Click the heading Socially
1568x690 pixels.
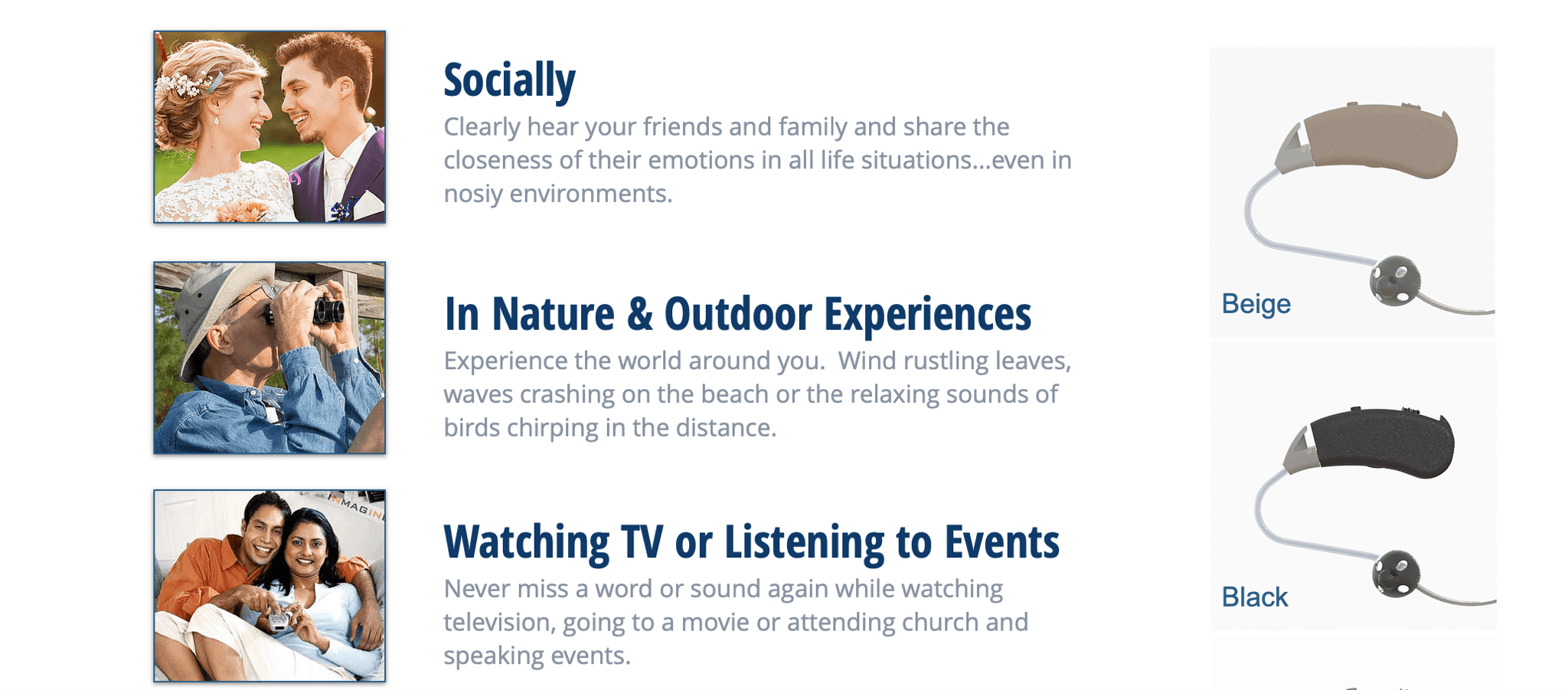[x=509, y=80]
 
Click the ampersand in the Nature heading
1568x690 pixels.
[x=639, y=315]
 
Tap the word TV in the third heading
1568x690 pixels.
[x=642, y=542]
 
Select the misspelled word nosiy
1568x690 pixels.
[x=473, y=195]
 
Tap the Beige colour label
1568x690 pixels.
[x=1256, y=304]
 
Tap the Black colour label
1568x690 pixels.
[x=1254, y=597]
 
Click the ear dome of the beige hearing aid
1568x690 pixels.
[x=1395, y=281]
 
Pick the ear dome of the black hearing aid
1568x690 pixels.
[x=1396, y=574]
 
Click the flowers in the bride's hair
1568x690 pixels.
[x=184, y=80]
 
